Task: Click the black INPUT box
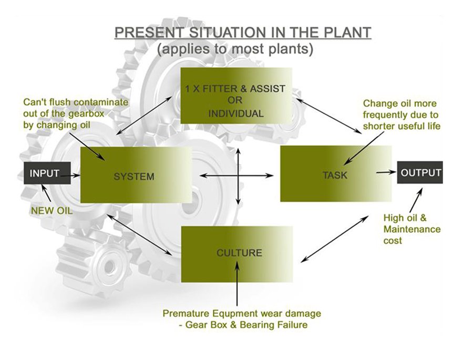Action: click(47, 173)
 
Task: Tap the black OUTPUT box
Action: click(420, 172)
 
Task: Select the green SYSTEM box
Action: click(136, 174)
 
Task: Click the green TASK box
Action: click(336, 173)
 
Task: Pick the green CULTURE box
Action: click(237, 254)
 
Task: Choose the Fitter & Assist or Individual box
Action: click(236, 96)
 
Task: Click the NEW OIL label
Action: click(52, 211)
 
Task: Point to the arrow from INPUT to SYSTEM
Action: click(70, 175)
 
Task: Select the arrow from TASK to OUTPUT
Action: click(386, 172)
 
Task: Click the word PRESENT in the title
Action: click(149, 32)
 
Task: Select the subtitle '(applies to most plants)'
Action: click(235, 48)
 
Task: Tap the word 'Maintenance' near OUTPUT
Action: click(412, 229)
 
